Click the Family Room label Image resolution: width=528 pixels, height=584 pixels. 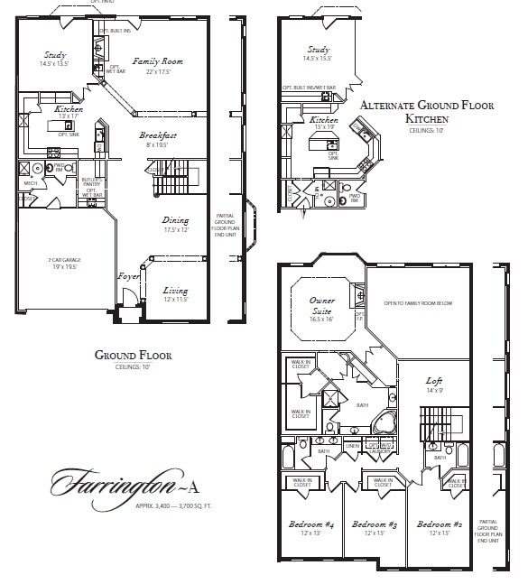159,61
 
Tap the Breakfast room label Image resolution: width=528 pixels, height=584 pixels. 157,135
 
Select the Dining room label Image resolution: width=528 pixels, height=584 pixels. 175,219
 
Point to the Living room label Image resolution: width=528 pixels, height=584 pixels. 175,291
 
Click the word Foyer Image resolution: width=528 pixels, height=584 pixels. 128,276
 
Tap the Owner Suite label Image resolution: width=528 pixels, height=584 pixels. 321,301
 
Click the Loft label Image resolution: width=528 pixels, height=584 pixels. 434,382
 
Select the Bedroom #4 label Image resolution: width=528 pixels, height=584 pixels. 310,524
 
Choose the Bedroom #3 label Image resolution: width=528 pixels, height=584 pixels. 375,524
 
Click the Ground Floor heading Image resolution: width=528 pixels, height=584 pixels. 133,356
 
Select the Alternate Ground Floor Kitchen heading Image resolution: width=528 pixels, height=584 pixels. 426,112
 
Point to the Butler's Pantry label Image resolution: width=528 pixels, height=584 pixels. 90,183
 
